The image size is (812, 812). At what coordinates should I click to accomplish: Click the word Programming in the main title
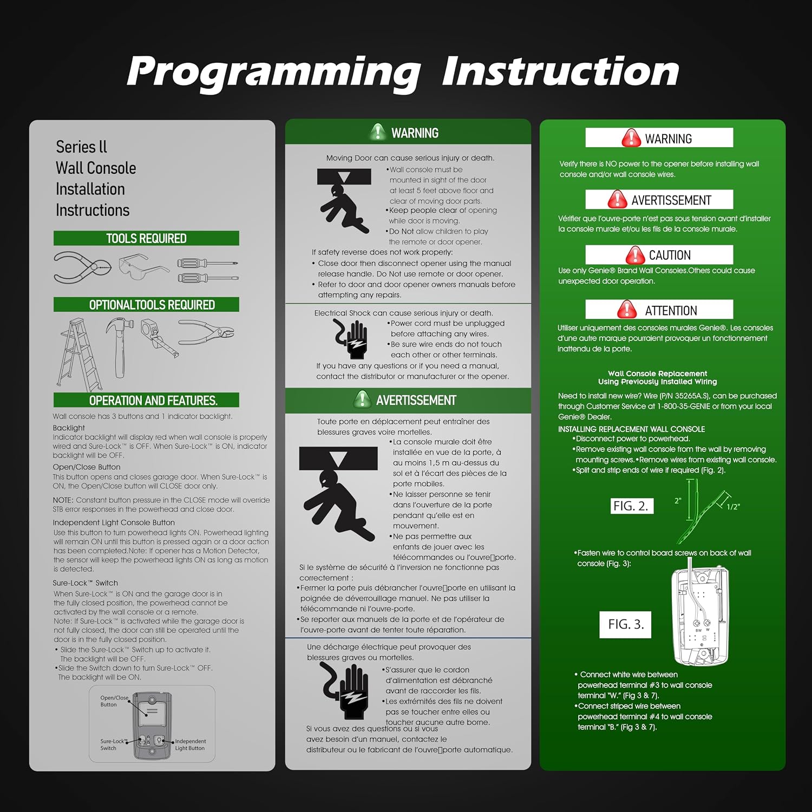tap(273, 71)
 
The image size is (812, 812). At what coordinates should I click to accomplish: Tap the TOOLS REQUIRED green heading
tap(146, 238)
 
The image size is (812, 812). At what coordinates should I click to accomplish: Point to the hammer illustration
tap(121, 346)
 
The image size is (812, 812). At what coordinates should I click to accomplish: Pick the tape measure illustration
tap(160, 337)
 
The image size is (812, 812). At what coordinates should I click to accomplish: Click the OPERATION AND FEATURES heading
tap(153, 401)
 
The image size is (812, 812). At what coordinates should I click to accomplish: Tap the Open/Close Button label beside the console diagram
tap(114, 701)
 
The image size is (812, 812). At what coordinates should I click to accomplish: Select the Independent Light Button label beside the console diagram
tap(190, 745)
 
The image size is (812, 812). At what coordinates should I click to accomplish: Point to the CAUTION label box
tap(659, 255)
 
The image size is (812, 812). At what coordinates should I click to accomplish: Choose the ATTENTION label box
tap(659, 310)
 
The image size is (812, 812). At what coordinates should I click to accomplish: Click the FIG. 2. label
tap(631, 506)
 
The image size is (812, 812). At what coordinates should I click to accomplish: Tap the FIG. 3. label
tap(626, 624)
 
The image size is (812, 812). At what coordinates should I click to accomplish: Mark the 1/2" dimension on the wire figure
tap(733, 507)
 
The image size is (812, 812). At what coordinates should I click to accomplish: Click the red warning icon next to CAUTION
tap(635, 255)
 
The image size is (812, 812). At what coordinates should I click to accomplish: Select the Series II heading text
tap(81, 147)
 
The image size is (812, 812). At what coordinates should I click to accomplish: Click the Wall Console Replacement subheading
tap(658, 374)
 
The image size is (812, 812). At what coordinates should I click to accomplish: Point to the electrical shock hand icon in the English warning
tap(350, 339)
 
